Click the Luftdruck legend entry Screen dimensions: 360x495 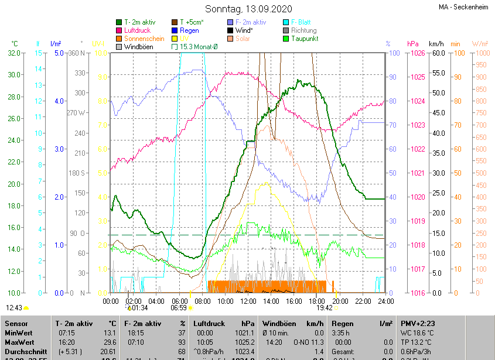pyautogui.click(x=138, y=30)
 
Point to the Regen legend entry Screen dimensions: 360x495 pyautogui.click(x=189, y=30)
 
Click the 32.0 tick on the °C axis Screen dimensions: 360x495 pyautogui.click(x=14, y=53)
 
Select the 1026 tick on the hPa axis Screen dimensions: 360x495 pyautogui.click(x=417, y=53)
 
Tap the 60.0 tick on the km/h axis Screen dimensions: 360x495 pyautogui.click(x=436, y=53)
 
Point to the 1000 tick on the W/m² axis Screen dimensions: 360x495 pyautogui.click(x=481, y=53)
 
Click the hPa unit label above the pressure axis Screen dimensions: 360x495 pyautogui.click(x=412, y=44)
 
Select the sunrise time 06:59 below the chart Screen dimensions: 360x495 pyautogui.click(x=179, y=307)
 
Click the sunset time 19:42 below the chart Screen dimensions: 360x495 pyautogui.click(x=324, y=307)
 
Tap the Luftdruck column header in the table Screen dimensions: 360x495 pyautogui.click(x=208, y=323)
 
